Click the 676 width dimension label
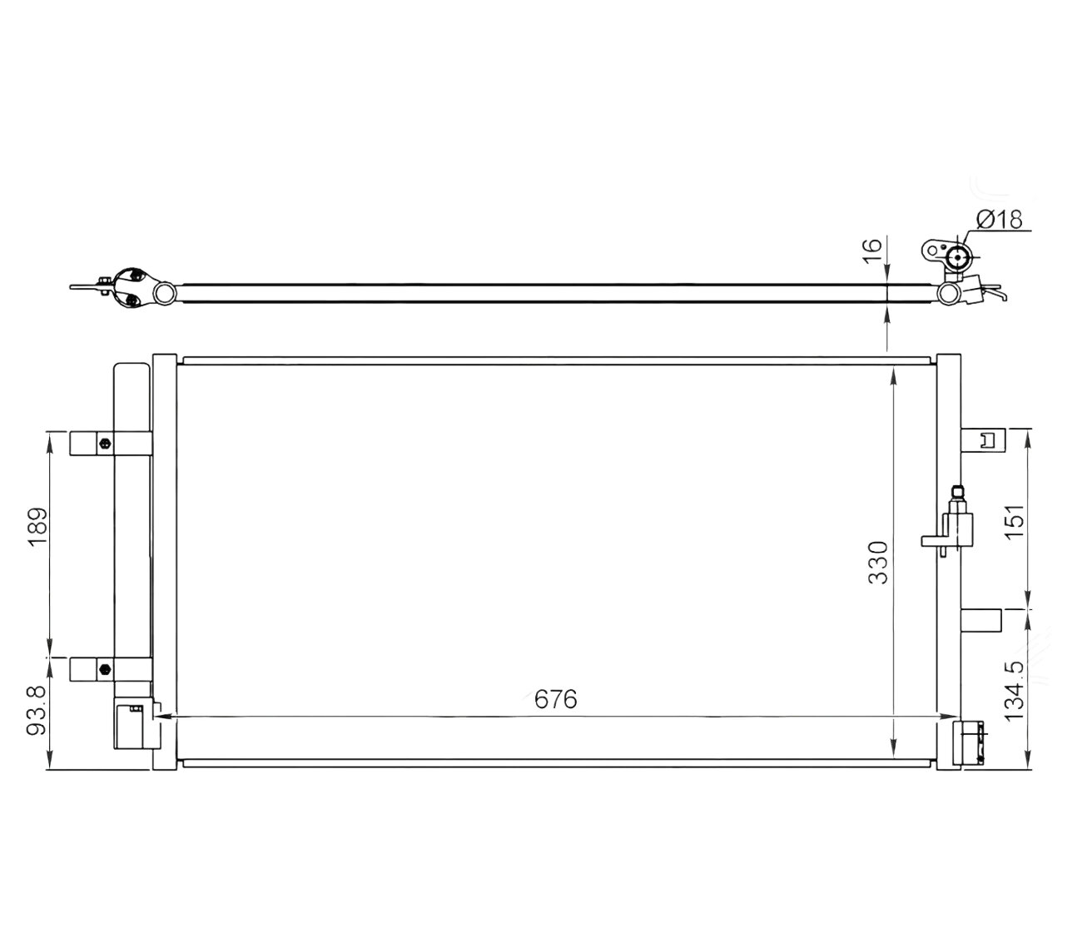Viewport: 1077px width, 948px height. [555, 699]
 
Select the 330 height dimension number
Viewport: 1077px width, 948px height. [877, 563]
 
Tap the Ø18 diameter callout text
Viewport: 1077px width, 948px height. [999, 219]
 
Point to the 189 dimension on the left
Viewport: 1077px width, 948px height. [37, 528]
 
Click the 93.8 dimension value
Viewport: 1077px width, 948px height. [37, 710]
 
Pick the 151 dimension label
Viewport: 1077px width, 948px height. [1014, 522]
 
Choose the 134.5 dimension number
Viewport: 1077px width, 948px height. [1014, 691]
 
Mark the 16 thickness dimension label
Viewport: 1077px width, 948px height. [872, 251]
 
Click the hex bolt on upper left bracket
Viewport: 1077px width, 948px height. [105, 443]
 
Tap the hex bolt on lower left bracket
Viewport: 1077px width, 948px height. [105, 668]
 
